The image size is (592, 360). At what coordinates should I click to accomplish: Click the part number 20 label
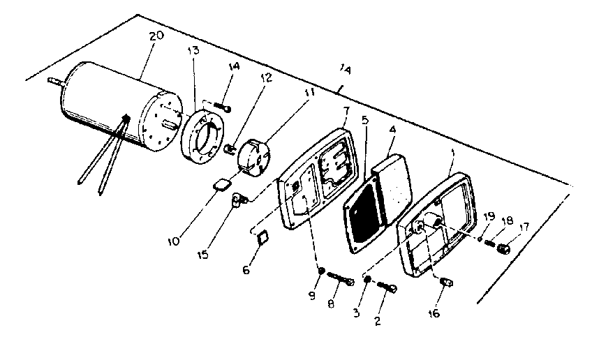click(x=156, y=37)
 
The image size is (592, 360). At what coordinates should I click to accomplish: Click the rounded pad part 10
click(x=222, y=185)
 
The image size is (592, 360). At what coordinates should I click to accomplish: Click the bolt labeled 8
click(x=338, y=281)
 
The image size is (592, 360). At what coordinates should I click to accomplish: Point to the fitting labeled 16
click(x=447, y=283)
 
